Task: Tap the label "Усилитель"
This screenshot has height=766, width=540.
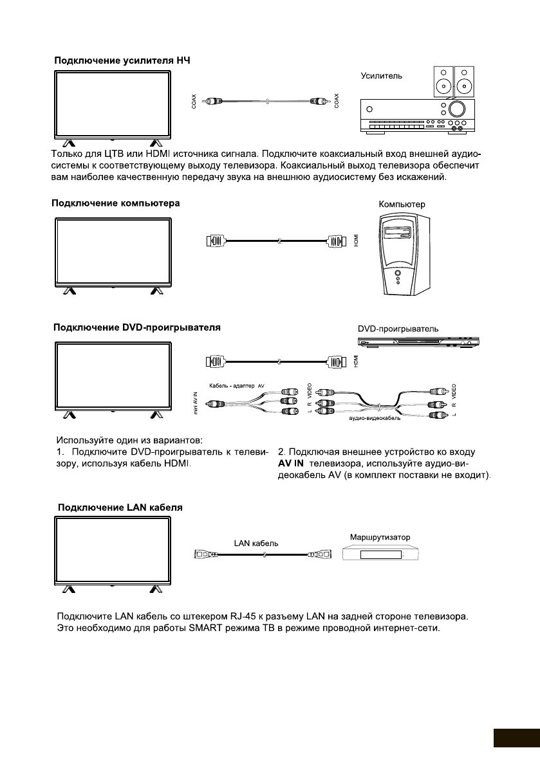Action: tap(381, 75)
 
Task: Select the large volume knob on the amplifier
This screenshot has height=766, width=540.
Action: tap(458, 107)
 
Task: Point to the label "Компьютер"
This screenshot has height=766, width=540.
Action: tap(402, 204)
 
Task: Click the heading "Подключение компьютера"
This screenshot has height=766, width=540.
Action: tap(116, 203)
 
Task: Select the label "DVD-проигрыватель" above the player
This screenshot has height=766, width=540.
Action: tap(398, 328)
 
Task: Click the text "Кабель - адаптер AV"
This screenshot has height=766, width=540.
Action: tap(237, 385)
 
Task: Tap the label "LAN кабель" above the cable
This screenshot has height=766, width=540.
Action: tap(256, 543)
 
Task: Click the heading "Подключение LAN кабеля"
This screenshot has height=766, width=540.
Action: tap(120, 507)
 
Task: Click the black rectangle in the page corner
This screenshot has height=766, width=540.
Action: tap(516, 738)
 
